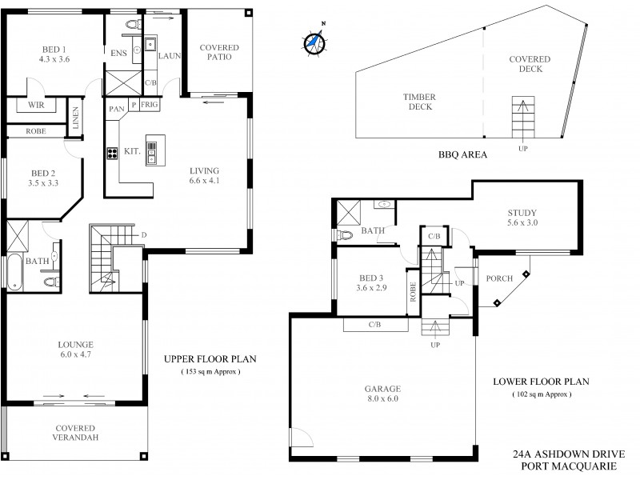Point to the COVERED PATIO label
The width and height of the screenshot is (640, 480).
coord(219,54)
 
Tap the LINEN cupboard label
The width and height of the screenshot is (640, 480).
coord(77,118)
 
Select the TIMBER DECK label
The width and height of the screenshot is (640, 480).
coord(418,102)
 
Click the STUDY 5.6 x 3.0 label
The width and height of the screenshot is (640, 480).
coord(522,218)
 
